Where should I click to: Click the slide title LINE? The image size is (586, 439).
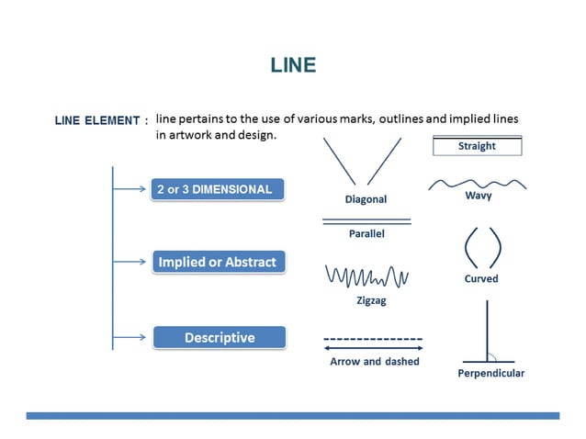(x=293, y=65)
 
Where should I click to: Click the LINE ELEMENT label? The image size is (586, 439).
(x=101, y=121)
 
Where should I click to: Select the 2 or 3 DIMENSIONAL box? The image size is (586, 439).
(x=219, y=190)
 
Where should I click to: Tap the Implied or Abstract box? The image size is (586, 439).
(x=218, y=262)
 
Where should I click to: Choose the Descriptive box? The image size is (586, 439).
(x=219, y=337)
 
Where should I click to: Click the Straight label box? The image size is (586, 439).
(x=477, y=146)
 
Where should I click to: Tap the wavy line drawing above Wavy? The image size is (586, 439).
(x=477, y=183)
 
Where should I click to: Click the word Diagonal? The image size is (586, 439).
(x=365, y=199)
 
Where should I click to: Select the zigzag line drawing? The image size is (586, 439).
(x=366, y=276)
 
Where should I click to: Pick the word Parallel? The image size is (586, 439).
(x=366, y=233)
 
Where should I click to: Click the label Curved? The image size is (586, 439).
(x=480, y=278)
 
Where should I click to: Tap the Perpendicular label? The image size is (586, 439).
(x=490, y=373)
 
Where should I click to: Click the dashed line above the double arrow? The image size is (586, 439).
(x=373, y=339)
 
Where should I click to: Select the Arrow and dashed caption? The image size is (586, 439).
(x=374, y=361)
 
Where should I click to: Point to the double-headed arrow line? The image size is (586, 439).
(x=373, y=348)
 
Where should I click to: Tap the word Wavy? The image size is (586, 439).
(x=478, y=196)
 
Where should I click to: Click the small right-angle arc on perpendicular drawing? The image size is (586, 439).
(x=492, y=357)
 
